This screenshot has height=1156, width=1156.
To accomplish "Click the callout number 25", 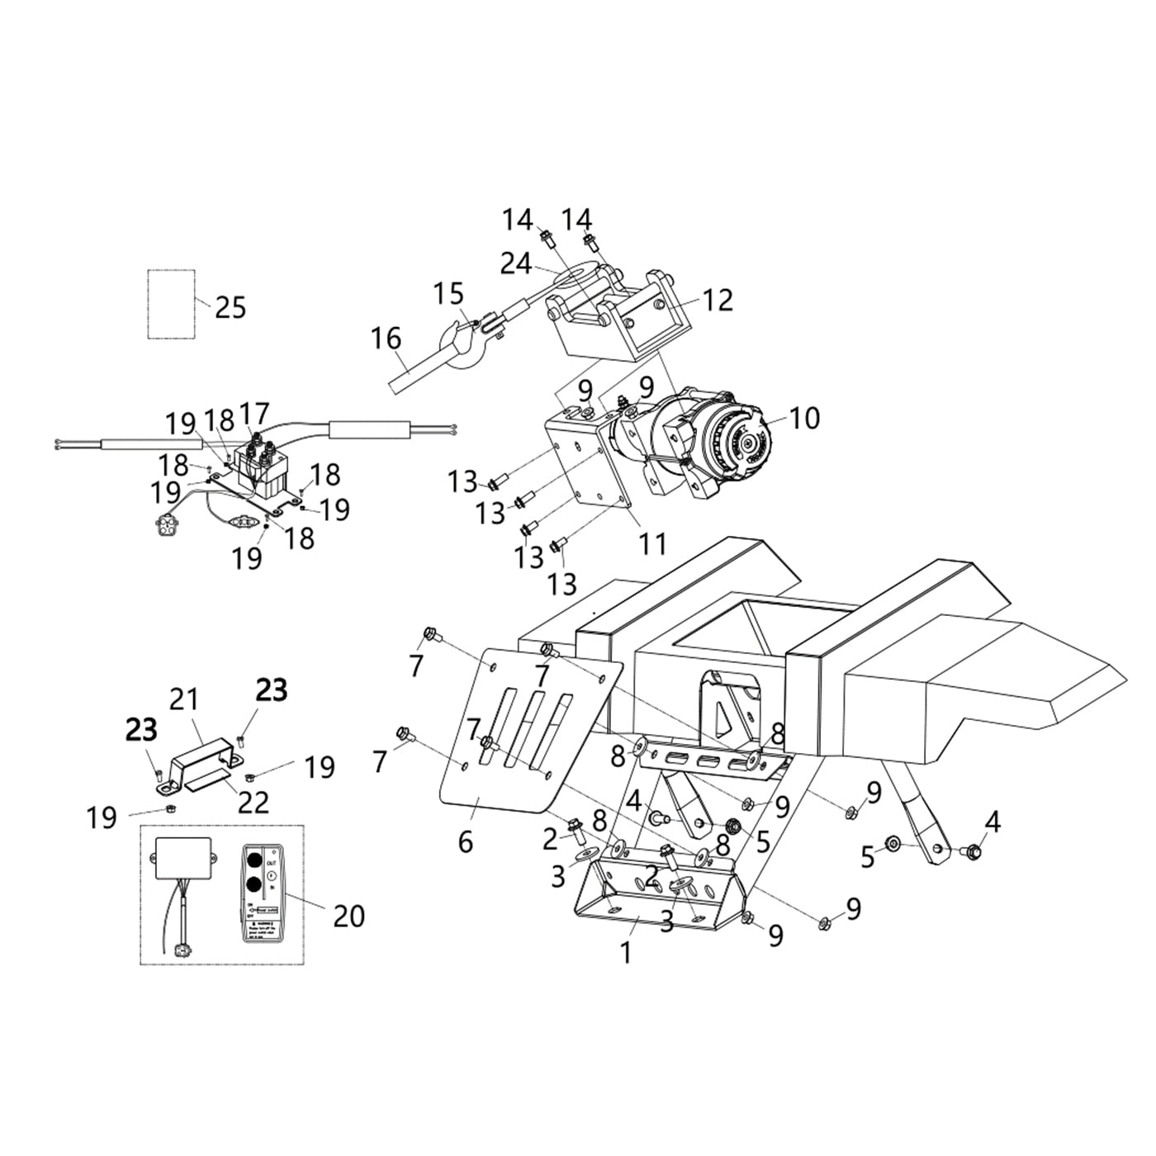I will [230, 307].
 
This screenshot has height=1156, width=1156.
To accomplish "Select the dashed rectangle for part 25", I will [171, 304].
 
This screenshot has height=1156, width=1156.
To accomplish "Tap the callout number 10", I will [803, 418].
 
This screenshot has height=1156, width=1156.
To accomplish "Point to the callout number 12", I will [718, 300].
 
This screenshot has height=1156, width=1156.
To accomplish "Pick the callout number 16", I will [386, 339].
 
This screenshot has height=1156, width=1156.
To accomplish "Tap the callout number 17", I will [254, 412].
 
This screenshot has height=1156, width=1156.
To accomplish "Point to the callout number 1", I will [626, 952].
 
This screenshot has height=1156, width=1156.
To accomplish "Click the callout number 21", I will [184, 699].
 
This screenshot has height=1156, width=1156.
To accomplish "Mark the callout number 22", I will [253, 801].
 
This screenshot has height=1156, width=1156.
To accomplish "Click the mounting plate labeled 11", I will [588, 471].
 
